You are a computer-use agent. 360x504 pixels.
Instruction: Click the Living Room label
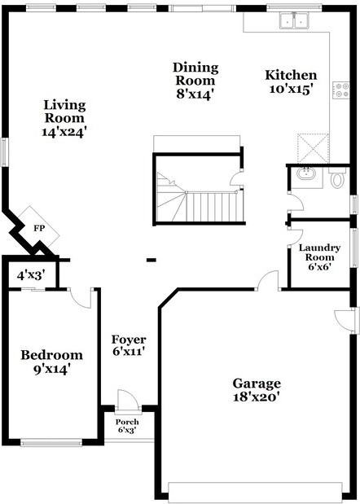click(65, 117)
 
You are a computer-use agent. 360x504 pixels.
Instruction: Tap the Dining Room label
click(195, 81)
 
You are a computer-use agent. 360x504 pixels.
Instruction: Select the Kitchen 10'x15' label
click(291, 82)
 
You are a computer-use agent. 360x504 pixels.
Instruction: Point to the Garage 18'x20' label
click(257, 390)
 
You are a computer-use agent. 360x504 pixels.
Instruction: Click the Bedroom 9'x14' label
click(51, 362)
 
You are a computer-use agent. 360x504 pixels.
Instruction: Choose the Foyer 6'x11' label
click(129, 346)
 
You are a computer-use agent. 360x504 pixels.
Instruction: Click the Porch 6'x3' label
click(126, 426)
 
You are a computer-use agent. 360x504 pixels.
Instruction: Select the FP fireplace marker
click(39, 227)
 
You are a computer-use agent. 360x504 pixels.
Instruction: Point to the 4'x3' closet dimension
click(31, 274)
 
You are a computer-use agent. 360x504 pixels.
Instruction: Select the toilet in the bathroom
click(338, 177)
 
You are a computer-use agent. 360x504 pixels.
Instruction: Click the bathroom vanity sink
click(307, 174)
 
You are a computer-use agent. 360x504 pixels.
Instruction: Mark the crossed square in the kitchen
click(312, 147)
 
